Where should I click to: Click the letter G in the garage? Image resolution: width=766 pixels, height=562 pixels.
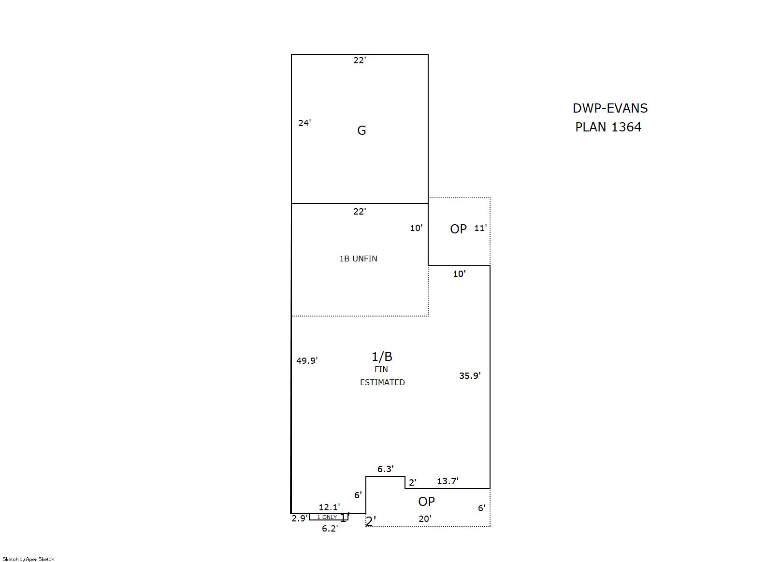pos(361,130)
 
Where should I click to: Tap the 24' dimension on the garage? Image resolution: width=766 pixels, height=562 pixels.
pos(304,123)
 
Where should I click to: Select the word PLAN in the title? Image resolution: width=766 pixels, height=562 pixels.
pos(591,127)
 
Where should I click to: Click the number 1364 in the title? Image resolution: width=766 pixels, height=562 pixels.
pos(626,127)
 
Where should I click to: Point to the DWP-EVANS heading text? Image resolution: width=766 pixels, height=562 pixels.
pos(610,108)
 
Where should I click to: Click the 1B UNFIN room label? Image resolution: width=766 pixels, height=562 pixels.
pos(359,259)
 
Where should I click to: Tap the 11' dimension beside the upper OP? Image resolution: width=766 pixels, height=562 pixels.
pos(480,228)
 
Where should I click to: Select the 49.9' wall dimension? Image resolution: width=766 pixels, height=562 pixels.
pos(307,360)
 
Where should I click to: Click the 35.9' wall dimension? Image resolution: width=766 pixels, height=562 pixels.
pos(470,375)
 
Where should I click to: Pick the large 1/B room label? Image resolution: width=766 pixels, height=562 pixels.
pos(382,357)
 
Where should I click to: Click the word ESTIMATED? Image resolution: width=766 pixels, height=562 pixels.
pos(382,382)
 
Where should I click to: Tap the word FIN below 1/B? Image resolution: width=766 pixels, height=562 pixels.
pos(381,369)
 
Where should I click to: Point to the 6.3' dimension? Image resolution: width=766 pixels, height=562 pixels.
pos(385,469)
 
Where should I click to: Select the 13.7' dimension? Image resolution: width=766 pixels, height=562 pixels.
pos(448,481)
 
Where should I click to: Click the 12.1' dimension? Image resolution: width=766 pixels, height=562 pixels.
pos(329,507)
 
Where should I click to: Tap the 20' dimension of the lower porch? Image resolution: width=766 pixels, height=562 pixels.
pos(425,519)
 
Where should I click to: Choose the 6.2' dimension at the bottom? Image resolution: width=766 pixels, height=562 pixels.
pos(330,529)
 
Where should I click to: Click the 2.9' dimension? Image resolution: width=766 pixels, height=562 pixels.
pos(300,518)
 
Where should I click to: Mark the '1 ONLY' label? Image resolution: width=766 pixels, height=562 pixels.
pos(327,517)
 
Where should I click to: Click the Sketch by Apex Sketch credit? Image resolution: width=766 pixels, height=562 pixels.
pos(29,559)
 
